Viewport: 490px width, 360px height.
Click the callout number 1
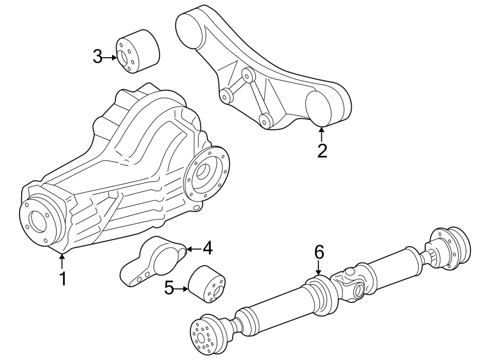point(63,278)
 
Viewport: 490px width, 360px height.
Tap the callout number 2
point(322,150)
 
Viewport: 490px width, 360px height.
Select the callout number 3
point(97,56)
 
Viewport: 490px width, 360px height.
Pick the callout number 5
point(169,288)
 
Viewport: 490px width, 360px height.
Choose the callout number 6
point(318,252)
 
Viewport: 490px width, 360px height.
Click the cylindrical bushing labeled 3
point(138,53)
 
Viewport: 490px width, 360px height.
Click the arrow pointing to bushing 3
point(111,57)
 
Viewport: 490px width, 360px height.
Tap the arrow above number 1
point(62,261)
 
